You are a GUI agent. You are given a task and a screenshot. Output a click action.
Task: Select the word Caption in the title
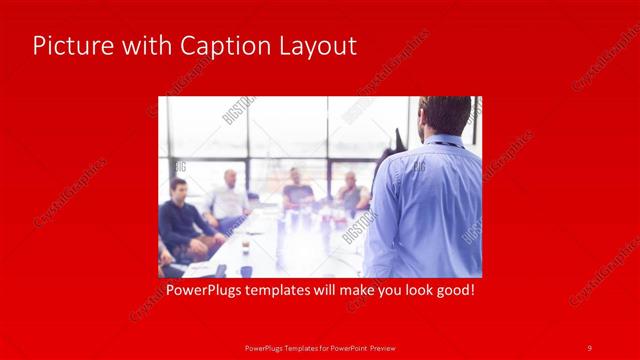pos(218,46)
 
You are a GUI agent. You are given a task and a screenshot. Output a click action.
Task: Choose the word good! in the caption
pos(451,292)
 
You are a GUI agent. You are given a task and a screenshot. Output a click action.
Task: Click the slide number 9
pos(590,347)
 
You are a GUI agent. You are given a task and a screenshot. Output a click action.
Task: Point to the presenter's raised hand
pos(399,139)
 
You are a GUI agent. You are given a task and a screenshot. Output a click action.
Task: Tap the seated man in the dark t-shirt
pos(297,190)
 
